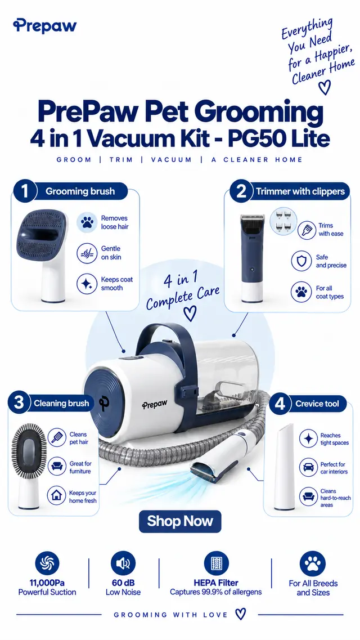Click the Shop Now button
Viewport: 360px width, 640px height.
click(180, 521)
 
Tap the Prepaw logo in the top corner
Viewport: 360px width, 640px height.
click(44, 26)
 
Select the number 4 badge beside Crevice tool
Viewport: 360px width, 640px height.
click(280, 404)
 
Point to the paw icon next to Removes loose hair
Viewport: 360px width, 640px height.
click(87, 222)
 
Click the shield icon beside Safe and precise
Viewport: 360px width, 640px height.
click(301, 261)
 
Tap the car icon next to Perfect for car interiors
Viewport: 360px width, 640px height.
click(308, 467)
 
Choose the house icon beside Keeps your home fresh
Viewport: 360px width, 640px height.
click(57, 495)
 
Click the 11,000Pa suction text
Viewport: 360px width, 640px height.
click(47, 583)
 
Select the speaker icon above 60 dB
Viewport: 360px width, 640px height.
click(123, 563)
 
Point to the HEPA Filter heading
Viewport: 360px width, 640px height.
click(215, 583)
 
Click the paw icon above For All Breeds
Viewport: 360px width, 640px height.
click(312, 563)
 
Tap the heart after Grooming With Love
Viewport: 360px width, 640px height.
click(241, 614)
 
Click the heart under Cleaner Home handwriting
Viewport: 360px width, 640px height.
click(324, 87)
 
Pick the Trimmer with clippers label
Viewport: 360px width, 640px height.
click(300, 191)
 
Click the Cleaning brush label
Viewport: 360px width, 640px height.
click(61, 404)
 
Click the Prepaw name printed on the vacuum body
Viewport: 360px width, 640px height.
click(155, 405)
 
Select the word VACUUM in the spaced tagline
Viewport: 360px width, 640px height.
click(171, 160)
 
